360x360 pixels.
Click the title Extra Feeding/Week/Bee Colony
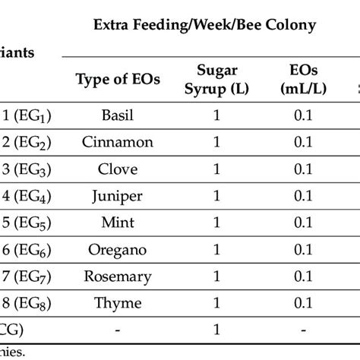coord(204,26)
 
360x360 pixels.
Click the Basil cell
coord(118,117)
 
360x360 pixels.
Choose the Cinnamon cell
coord(118,142)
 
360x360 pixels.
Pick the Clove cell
coord(118,168)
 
